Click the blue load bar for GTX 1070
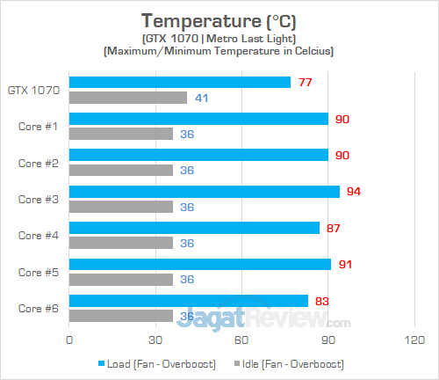(179, 83)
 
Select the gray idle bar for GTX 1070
(127, 98)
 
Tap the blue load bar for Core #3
(204, 192)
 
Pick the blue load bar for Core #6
(188, 301)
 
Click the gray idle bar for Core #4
(120, 243)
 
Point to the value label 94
(354, 192)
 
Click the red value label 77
(305, 83)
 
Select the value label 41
(201, 98)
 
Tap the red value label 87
(334, 228)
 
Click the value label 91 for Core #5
(345, 264)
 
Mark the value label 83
(322, 301)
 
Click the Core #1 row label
(38, 126)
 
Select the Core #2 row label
(38, 163)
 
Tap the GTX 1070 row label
(33, 90)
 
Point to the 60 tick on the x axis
(241, 340)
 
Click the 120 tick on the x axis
(414, 340)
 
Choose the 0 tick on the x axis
(68, 340)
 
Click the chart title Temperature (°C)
(218, 20)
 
